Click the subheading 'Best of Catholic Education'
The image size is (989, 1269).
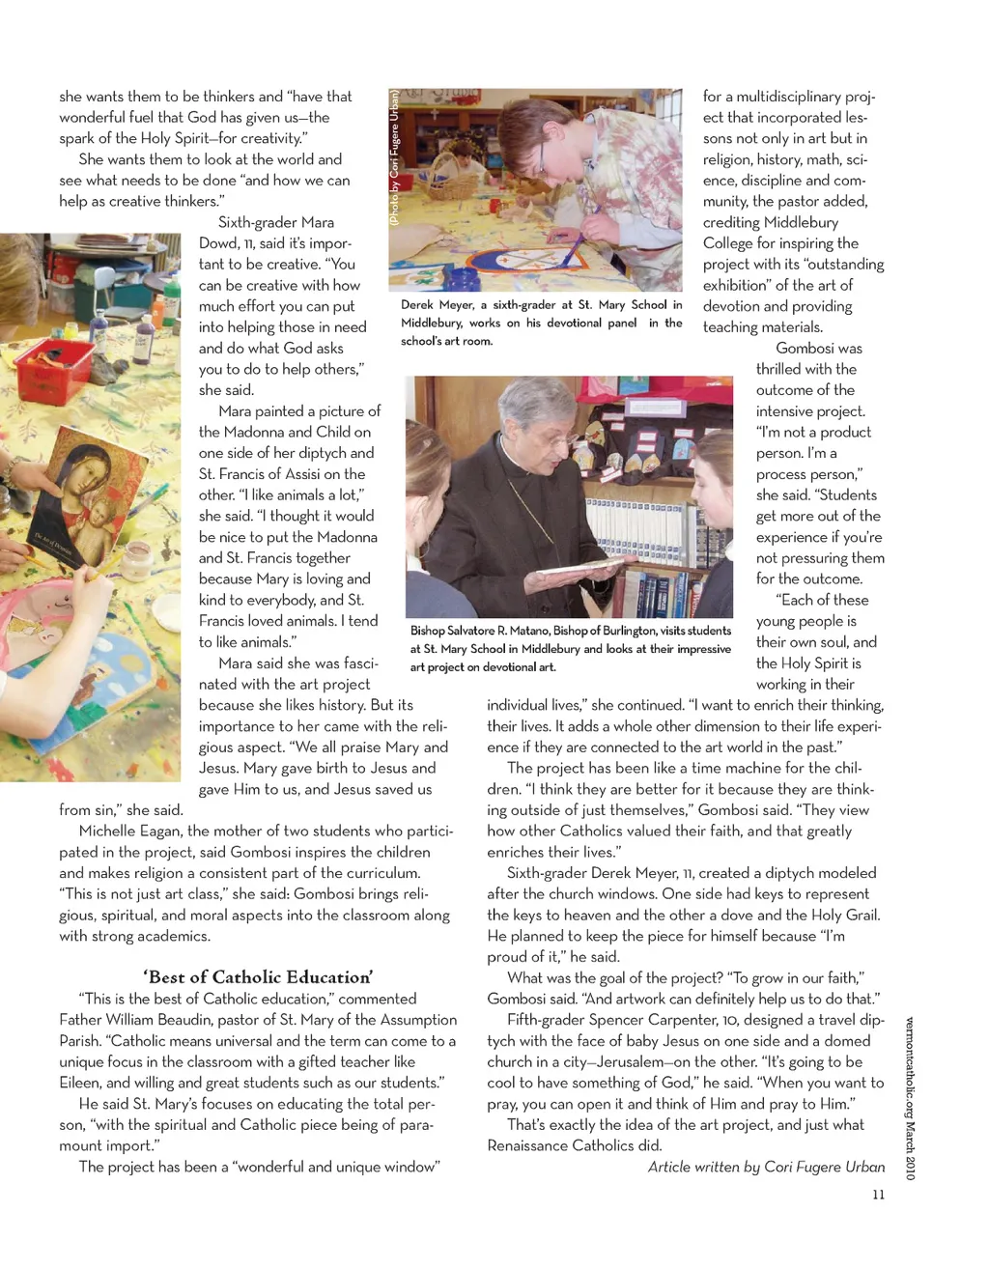(258, 976)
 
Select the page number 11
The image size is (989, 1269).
(878, 1195)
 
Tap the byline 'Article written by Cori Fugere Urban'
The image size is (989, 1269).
(766, 1167)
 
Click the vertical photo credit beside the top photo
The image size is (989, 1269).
(394, 157)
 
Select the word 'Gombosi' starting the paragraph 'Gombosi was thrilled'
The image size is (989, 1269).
(805, 349)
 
